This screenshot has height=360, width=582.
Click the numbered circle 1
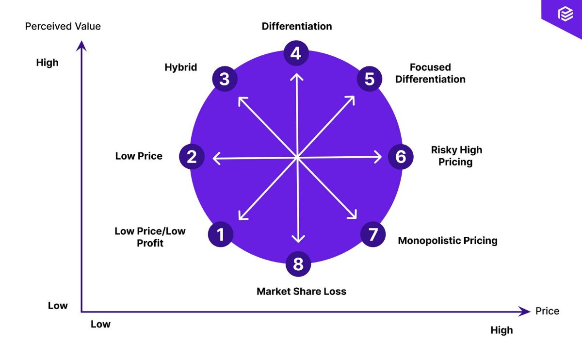[221, 234]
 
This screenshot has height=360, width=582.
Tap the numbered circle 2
[192, 157]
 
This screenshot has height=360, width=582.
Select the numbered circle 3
[224, 79]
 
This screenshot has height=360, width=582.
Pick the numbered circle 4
[296, 53]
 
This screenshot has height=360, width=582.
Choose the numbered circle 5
[370, 79]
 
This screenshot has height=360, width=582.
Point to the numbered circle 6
[401, 157]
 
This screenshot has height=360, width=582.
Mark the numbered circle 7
[372, 234]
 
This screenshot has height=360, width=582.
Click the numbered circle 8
[298, 264]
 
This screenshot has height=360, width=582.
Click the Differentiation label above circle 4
[297, 26]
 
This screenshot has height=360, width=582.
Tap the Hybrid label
[181, 67]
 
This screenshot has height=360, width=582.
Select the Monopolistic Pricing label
[448, 241]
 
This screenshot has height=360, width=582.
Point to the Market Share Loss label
[302, 292]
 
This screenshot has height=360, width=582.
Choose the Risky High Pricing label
[456, 156]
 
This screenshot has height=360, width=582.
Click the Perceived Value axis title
[63, 26]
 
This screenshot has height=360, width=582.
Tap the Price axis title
[547, 311]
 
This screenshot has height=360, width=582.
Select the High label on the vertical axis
[47, 63]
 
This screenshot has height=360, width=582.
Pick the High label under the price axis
[501, 330]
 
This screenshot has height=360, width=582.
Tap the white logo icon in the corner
[566, 15]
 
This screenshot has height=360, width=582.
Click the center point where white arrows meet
[297, 157]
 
